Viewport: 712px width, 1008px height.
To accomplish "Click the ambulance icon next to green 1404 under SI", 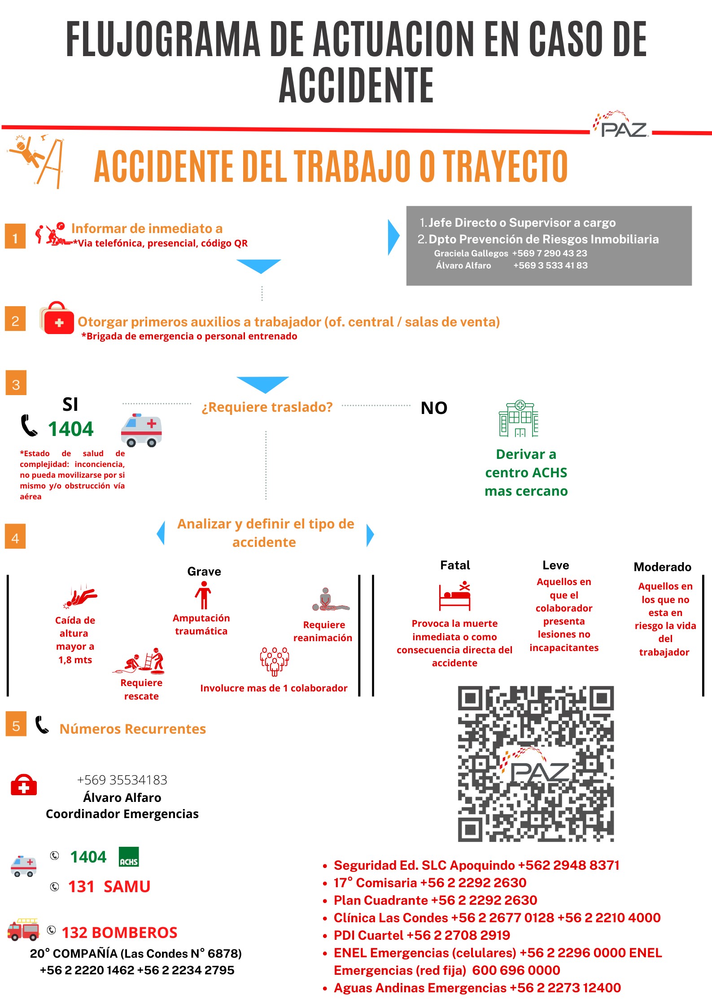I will (141, 430).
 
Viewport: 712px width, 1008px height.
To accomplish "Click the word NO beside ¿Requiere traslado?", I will (434, 408).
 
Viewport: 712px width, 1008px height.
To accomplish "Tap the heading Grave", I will (204, 571).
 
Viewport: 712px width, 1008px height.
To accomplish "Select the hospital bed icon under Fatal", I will (455, 596).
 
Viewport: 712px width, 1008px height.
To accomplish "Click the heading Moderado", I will (662, 567).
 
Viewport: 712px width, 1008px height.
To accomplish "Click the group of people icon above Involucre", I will (275, 661).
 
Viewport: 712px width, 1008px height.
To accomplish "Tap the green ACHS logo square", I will (129, 857).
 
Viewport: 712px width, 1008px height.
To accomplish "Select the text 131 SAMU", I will (109, 886).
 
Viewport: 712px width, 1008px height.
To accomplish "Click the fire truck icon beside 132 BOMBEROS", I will (24, 929).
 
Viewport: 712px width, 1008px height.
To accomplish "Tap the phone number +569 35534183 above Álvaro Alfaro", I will (122, 780).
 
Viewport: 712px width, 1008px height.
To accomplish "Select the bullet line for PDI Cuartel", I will (422, 935).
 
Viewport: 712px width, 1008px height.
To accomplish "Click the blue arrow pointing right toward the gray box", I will (393, 238).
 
